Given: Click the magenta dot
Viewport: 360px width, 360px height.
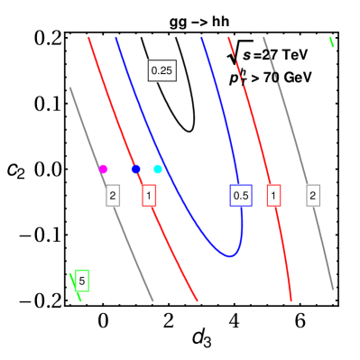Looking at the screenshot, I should pyautogui.click(x=103, y=169).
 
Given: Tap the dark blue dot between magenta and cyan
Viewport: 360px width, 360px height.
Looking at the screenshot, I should pyautogui.click(x=135, y=169).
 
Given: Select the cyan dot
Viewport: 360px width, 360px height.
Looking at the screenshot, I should pyautogui.click(x=158, y=169).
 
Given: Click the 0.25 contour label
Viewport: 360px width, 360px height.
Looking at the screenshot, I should pyautogui.click(x=162, y=70).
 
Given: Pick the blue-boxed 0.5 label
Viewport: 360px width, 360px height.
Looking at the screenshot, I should pyautogui.click(x=240, y=195).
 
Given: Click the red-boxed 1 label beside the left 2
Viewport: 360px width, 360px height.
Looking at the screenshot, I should pyautogui.click(x=149, y=195).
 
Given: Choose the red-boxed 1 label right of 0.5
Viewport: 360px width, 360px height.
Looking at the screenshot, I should pyautogui.click(x=273, y=195).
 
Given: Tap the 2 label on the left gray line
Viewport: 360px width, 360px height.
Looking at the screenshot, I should pyautogui.click(x=113, y=195).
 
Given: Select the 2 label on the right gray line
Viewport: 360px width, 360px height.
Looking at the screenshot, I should pyautogui.click(x=313, y=195).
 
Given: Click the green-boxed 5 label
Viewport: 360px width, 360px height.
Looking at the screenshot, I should pyautogui.click(x=82, y=281).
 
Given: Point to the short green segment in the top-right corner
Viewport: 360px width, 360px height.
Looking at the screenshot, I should pyautogui.click(x=332, y=42).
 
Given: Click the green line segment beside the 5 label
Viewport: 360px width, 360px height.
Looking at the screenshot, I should pyautogui.click(x=75, y=287).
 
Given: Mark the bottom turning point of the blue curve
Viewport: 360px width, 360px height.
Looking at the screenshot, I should pyautogui.click(x=232, y=256).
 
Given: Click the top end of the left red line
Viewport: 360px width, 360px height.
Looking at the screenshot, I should pyautogui.click(x=89, y=38).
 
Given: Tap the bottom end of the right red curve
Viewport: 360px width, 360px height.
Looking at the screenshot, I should pyautogui.click(x=291, y=300).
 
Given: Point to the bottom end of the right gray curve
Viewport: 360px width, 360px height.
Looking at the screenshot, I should pyautogui.click(x=333, y=290).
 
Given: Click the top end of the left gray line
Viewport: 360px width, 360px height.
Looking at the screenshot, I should pyautogui.click(x=69, y=88).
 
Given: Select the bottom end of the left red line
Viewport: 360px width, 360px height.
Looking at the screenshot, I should pyautogui.click(x=198, y=300).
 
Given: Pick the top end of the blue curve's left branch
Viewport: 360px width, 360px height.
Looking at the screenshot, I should pyautogui.click(x=116, y=38).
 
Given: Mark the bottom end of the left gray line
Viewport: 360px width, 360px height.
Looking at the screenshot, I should pyautogui.click(x=153, y=300).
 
